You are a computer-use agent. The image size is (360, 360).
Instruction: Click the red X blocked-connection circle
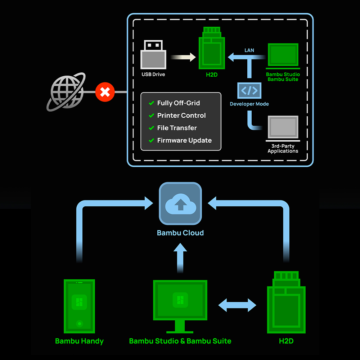click(105, 92)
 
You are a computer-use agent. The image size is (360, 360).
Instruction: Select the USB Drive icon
click(153, 55)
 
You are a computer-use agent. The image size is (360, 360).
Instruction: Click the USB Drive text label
click(153, 75)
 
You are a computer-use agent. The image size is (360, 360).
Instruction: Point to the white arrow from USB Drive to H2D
click(183, 57)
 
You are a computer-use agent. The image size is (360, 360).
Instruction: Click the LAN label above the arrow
click(249, 50)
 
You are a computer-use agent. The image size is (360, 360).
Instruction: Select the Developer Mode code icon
click(249, 90)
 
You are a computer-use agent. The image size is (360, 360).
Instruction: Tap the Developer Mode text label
click(249, 104)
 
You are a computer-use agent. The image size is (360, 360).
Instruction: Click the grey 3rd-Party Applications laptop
click(283, 128)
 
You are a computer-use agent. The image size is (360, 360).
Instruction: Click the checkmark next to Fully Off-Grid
click(151, 103)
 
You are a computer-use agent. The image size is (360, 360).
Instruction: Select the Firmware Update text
click(184, 140)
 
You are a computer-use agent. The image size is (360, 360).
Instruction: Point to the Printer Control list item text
click(181, 116)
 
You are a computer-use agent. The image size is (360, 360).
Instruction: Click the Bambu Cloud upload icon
click(180, 204)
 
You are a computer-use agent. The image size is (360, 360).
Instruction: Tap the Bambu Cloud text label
click(180, 233)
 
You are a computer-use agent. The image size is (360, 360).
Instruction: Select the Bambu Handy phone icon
click(79, 306)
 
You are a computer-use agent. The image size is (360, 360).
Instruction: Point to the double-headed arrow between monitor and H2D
click(237, 305)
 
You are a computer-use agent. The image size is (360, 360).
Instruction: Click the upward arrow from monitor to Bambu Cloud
click(180, 258)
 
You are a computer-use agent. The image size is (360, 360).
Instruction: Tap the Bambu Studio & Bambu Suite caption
click(180, 341)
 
